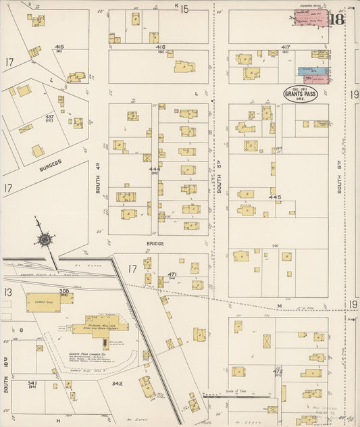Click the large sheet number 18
[336, 19]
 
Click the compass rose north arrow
[45, 239]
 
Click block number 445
[274, 197]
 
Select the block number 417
[286, 47]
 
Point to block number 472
[277, 371]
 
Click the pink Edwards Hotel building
[311, 18]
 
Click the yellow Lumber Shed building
[43, 302]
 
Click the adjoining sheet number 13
[7, 292]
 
